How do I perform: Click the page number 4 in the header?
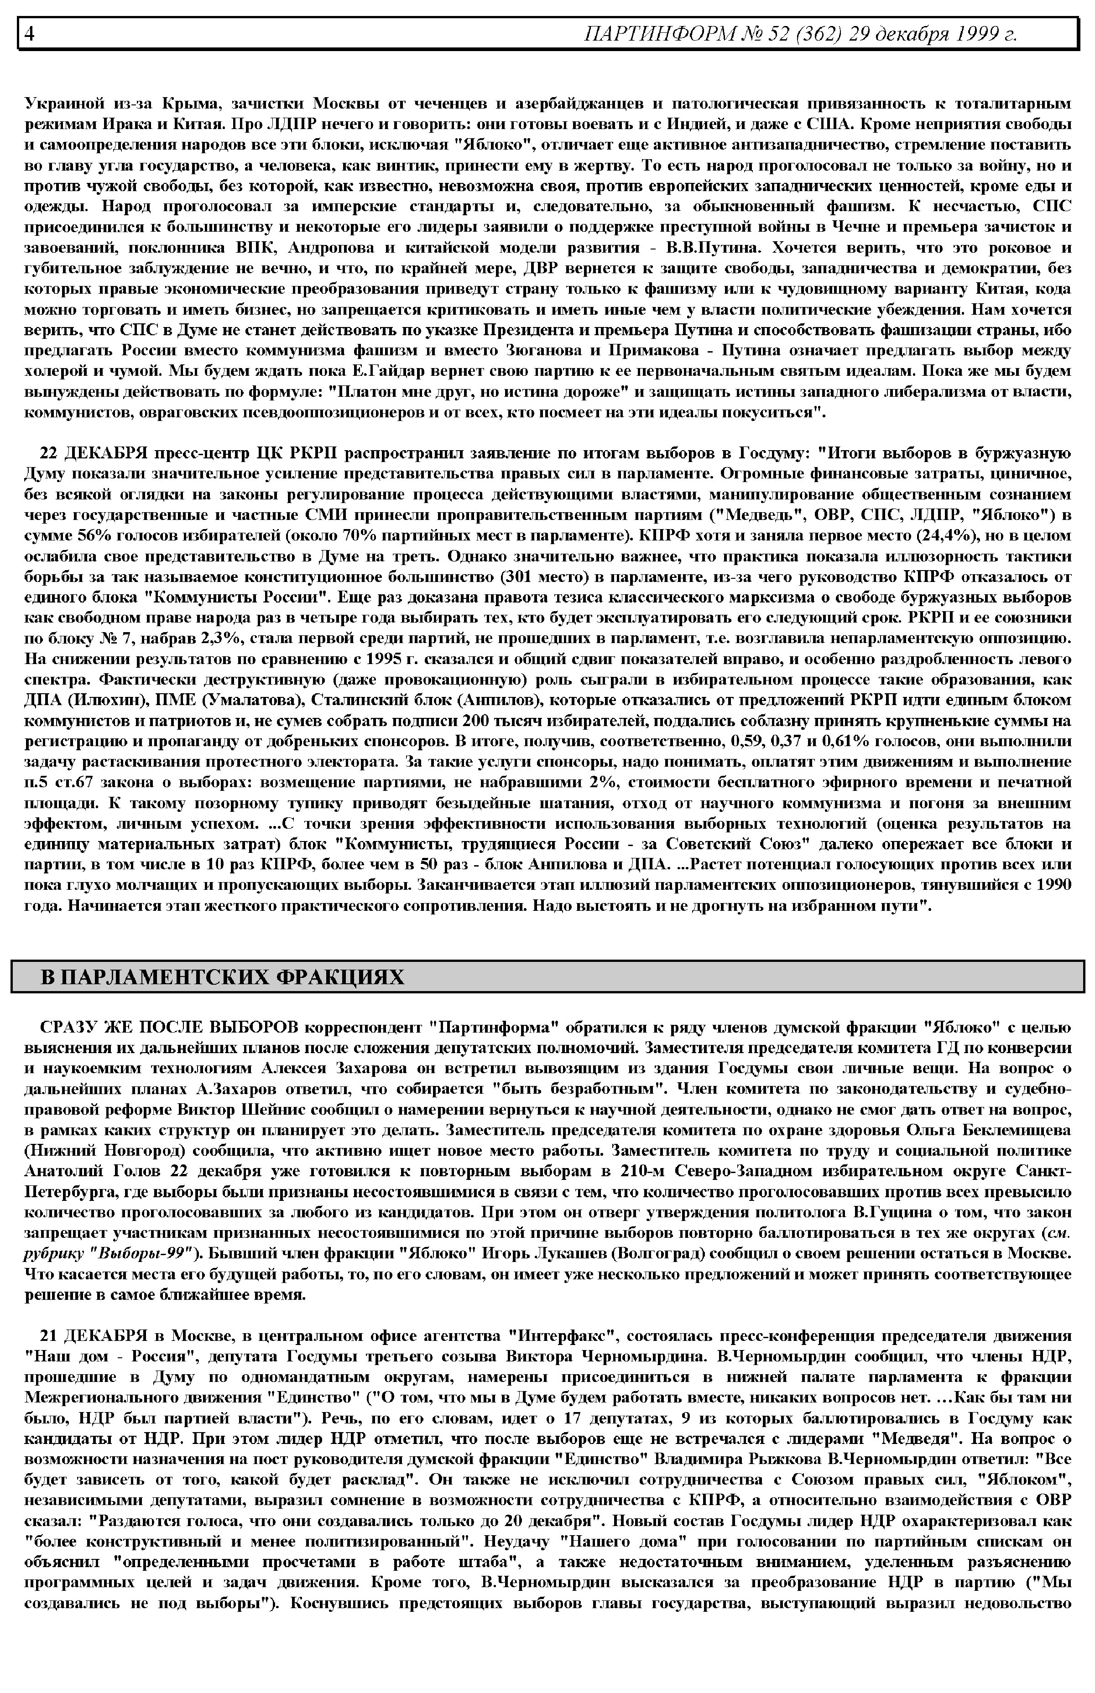point(30,33)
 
